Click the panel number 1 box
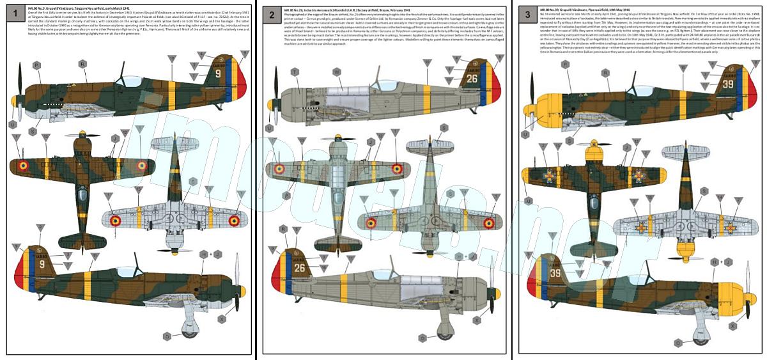(15, 13)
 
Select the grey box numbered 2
(272, 13)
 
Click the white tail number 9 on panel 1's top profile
(217, 74)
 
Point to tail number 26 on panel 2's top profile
(472, 79)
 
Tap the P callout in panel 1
(36, 65)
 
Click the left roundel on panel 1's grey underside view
(116, 221)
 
